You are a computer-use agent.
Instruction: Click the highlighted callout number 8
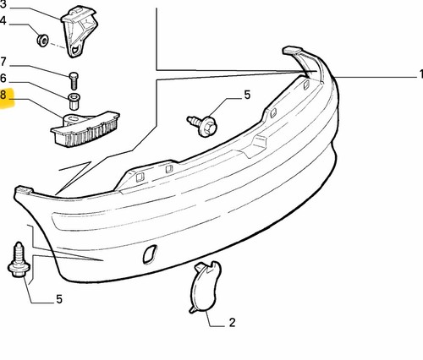(x=3, y=95)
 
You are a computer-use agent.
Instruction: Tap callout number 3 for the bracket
(x=3, y=4)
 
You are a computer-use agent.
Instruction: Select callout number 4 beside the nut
(x=3, y=21)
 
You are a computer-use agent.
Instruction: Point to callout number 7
(x=3, y=62)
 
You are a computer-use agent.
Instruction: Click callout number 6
(x=3, y=79)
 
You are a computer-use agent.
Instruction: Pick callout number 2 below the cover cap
(x=232, y=323)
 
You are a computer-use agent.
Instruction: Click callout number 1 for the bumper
(x=420, y=74)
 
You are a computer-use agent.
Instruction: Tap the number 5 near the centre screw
(x=247, y=95)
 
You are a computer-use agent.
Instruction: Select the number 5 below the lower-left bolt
(x=59, y=299)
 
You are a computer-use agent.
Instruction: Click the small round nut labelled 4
(x=42, y=41)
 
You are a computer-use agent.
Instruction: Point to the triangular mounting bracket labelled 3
(x=79, y=31)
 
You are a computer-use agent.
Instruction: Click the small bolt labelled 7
(x=74, y=80)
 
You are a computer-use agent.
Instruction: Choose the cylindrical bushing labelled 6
(x=74, y=101)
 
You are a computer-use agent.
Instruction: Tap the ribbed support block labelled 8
(x=85, y=128)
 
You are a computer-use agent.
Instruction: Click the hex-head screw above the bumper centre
(x=202, y=125)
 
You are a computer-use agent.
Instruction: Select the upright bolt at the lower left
(x=19, y=259)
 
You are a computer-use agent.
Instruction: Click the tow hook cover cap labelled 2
(x=204, y=286)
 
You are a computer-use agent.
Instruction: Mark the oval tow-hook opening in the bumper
(x=150, y=254)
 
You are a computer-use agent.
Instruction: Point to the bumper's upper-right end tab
(x=292, y=51)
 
